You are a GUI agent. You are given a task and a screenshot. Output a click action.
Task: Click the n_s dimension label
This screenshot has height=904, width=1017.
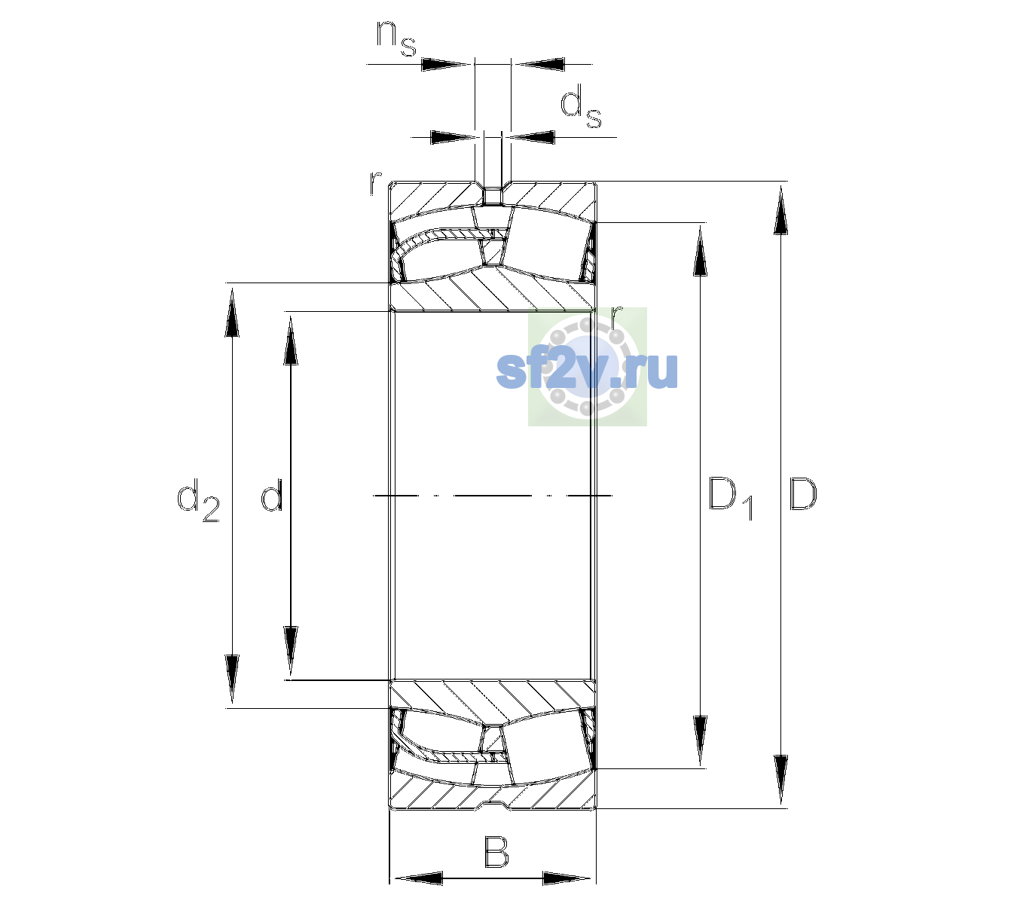coord(396,38)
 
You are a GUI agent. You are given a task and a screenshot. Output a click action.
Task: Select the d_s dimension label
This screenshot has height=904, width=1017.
coord(581,106)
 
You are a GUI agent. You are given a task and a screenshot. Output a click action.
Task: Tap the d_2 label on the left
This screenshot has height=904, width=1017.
coord(199,500)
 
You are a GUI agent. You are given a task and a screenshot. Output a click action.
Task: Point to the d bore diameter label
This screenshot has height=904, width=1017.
coord(272,495)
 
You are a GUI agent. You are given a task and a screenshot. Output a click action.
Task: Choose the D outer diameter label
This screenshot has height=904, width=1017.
coord(803,495)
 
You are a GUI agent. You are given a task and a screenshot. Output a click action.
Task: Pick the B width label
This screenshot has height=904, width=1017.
coord(496,852)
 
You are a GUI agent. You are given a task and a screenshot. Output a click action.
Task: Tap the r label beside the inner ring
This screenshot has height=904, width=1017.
coord(616,318)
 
